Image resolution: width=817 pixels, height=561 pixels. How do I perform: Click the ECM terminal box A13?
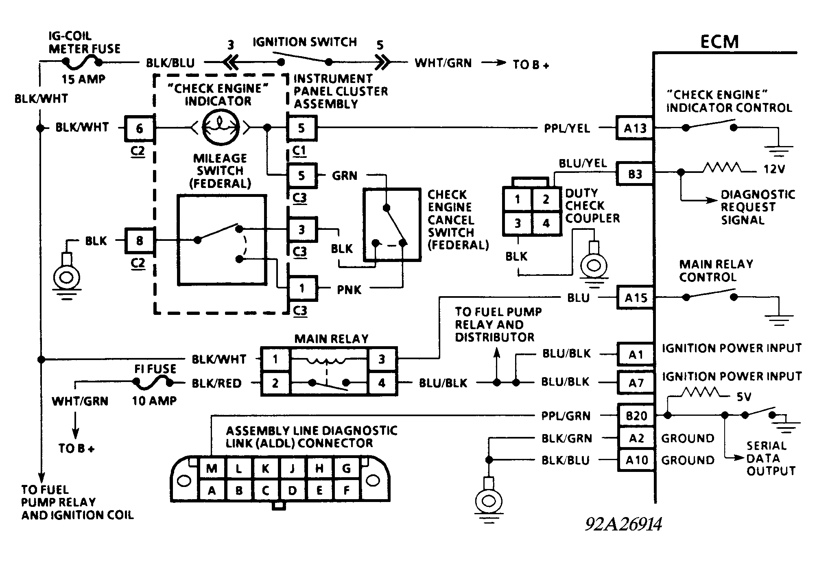point(635,128)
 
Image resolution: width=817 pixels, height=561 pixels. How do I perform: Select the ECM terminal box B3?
point(635,174)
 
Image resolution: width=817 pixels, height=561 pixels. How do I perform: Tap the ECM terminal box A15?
point(635,298)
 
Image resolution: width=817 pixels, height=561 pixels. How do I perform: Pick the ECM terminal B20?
point(636,415)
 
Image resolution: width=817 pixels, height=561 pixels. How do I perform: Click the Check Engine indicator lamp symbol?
point(219,128)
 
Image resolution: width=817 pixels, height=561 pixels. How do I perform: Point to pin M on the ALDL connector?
point(212,468)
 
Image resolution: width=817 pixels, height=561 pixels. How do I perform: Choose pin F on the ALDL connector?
point(346,490)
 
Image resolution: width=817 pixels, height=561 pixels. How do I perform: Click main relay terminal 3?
point(382,359)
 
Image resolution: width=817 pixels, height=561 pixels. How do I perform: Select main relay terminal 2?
point(275,383)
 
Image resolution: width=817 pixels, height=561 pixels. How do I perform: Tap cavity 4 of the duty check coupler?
point(546,223)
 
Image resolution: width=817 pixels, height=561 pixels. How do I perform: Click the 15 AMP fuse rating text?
point(83,79)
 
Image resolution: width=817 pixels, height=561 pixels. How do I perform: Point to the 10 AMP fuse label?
point(154,401)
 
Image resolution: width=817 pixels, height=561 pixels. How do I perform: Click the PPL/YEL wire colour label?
point(567,129)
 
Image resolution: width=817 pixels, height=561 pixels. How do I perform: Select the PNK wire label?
point(349,290)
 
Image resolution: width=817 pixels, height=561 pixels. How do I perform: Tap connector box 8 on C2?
point(139,240)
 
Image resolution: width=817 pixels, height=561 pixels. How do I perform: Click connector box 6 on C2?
point(139,129)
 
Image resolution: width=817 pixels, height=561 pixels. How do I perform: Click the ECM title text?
point(719,41)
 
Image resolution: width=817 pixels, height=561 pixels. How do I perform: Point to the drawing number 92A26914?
point(623,524)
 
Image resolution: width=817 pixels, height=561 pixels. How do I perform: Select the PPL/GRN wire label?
point(566,416)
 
